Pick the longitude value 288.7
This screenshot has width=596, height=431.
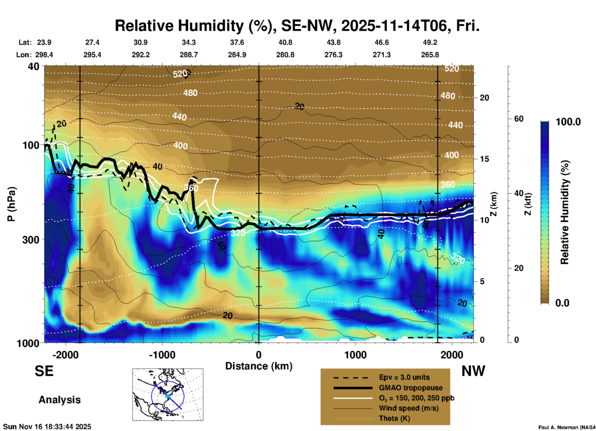click(189, 55)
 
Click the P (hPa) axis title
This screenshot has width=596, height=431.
click(11, 204)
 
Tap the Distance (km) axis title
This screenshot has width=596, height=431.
click(259, 366)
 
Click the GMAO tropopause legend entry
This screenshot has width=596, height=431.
click(411, 388)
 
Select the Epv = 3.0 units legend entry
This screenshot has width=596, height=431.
click(404, 378)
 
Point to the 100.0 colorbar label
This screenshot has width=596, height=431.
click(568, 122)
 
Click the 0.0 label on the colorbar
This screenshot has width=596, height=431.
click(562, 303)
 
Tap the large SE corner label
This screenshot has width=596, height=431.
click(44, 371)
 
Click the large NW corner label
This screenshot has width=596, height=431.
click(473, 371)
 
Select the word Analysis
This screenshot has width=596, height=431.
click(59, 400)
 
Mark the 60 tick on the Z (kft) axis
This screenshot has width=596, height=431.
click(519, 119)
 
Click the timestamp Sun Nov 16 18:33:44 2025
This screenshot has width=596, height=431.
click(47, 427)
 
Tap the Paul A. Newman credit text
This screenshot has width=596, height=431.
click(567, 427)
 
